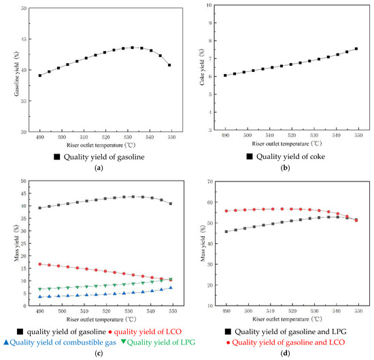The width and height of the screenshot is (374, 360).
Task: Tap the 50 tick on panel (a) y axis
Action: coord(24,9)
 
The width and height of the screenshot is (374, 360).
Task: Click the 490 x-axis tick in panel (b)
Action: coord(226,137)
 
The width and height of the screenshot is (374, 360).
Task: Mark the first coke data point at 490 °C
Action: coord(226,75)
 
